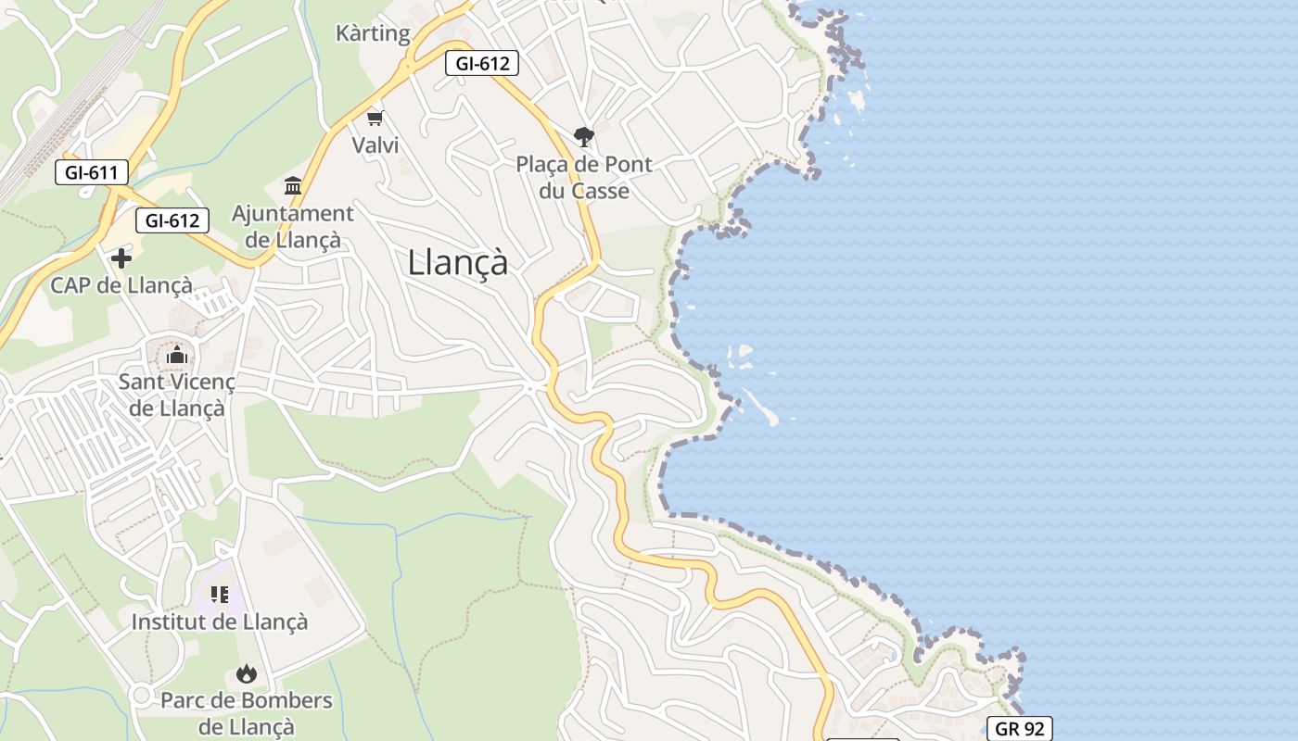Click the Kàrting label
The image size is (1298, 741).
coord(373,34)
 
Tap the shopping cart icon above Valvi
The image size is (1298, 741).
coord(375,118)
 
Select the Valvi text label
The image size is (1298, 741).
coord(375,145)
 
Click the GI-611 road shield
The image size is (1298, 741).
coord(91,172)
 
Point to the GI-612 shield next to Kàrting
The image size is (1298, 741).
coord(481,64)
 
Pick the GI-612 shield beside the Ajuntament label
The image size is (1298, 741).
coord(172,220)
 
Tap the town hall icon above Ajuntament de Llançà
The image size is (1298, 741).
coord(293,186)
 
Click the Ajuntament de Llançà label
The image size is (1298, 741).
coord(292,227)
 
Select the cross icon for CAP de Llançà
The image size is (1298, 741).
coord(121,258)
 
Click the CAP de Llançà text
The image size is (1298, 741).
coord(121,285)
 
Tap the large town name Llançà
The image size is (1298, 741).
coord(458,263)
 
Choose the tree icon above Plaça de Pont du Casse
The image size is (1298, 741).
coord(583,138)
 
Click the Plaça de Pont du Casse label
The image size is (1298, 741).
coord(584,178)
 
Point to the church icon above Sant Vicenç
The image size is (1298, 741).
coord(176,356)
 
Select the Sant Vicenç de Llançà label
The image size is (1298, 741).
coord(176,395)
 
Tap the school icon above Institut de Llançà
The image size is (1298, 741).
coord(219,595)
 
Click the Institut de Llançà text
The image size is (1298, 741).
coord(219,622)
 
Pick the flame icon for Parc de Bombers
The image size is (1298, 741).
coord(246,673)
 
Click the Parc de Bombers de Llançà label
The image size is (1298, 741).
coord(246,713)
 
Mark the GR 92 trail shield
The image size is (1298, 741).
coord(1019,729)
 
